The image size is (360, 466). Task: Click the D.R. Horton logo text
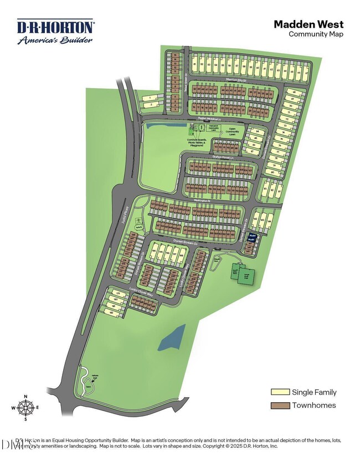(x=55, y=27)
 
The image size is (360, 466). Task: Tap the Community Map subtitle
(x=316, y=34)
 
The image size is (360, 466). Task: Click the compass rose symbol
(x=25, y=408)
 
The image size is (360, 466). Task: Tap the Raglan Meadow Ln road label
(x=209, y=119)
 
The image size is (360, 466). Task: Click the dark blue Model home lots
(x=251, y=237)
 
